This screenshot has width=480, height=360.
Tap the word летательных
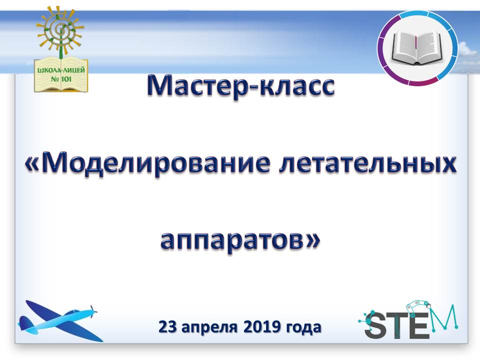pos(367,164)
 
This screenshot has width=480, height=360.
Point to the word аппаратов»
pos(240,241)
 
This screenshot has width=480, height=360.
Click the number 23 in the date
pos(168,327)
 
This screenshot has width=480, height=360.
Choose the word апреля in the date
pos(209,328)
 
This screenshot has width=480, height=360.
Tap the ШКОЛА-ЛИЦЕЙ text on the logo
pos(61,70)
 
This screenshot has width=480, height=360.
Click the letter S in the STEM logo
pos(376,324)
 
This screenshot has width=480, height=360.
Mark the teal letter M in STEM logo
pos(445,318)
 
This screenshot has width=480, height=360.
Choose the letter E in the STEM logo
pos(419,324)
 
